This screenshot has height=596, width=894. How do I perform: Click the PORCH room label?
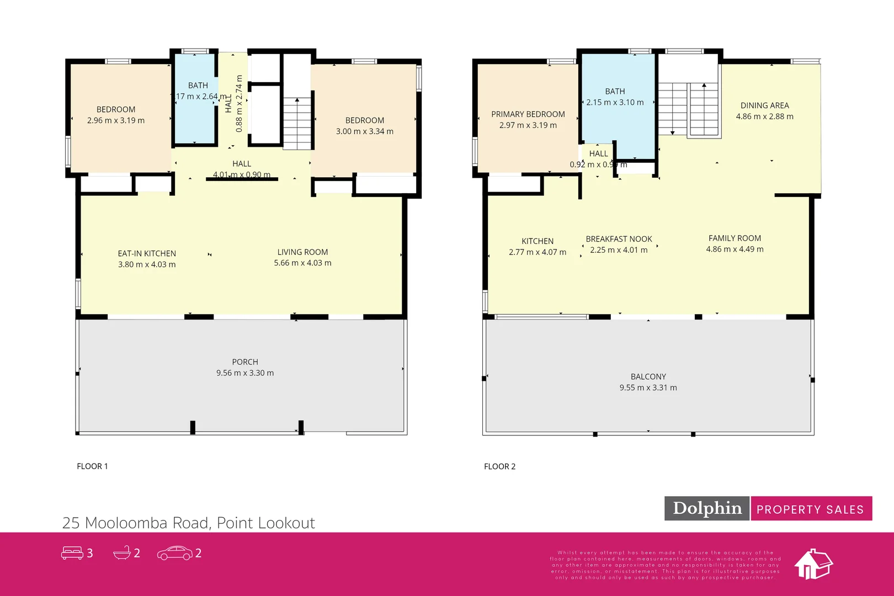coord(245,362)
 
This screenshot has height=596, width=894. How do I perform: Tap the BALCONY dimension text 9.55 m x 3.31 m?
coord(648,388)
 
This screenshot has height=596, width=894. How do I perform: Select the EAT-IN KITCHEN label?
coord(147,253)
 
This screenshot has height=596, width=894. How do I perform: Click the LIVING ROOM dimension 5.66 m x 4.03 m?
coord(302,263)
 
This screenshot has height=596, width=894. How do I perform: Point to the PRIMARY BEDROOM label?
coord(528,114)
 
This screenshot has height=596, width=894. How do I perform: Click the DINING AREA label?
coord(764,105)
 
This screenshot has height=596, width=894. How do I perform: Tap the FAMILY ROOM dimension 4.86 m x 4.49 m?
coord(735,249)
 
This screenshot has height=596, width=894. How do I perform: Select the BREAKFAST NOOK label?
coord(619,239)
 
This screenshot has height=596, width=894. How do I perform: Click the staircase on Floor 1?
coord(297,124)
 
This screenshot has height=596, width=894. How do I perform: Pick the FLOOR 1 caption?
coord(92,466)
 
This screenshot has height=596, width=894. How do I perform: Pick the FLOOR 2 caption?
coord(499,466)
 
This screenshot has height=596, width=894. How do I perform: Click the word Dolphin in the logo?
coord(707,508)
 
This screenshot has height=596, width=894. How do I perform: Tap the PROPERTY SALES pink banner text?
coord(810,509)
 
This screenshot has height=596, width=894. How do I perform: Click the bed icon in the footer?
coord(72,553)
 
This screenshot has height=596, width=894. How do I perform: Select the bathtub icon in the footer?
coord(122,553)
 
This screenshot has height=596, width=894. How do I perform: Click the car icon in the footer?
coord(174,553)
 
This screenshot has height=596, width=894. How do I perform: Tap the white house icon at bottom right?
coord(813,564)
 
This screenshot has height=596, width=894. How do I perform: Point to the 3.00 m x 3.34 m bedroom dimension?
coord(364,131)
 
